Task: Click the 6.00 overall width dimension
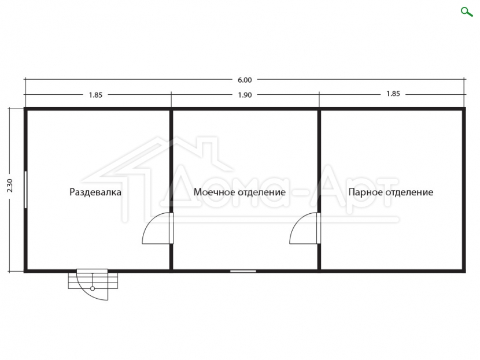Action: [245, 80]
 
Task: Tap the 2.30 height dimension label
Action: [10, 185]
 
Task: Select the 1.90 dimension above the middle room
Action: [245, 95]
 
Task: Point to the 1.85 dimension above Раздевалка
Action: [95, 95]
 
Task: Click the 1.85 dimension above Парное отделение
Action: [393, 94]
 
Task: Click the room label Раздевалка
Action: [95, 192]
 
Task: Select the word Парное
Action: [365, 192]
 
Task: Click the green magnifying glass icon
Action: [467, 12]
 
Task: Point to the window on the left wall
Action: [25, 190]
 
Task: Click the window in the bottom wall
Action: [243, 271]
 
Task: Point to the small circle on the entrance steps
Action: [93, 288]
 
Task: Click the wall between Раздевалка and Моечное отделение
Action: [171, 190]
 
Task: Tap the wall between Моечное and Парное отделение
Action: [319, 190]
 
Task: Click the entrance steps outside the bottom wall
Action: [93, 280]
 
